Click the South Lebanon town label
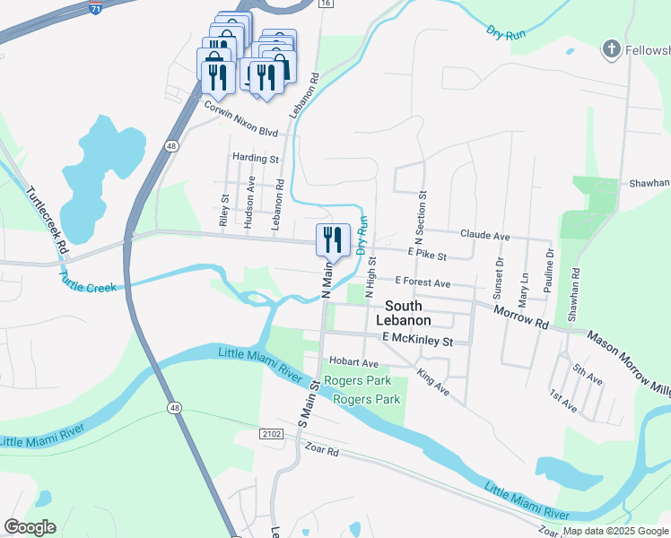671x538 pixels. coord(402,313)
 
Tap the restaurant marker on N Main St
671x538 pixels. coord(333,240)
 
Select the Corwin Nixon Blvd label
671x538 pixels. coord(240,117)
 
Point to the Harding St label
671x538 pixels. coord(256,159)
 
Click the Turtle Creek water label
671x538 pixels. coord(89,281)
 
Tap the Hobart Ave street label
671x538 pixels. coord(353,363)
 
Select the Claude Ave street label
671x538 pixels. coord(484,236)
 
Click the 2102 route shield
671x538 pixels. coord(274,434)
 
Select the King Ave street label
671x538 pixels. coord(433,383)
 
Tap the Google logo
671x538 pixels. coord(30,526)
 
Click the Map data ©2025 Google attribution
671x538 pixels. coord(614,531)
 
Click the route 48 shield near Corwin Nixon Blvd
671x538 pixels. coord(170,144)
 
